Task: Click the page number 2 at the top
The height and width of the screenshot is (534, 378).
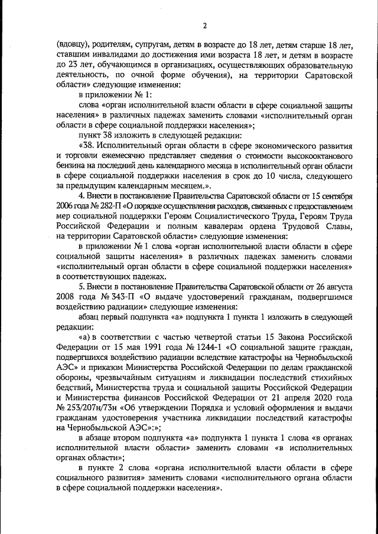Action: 204,25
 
